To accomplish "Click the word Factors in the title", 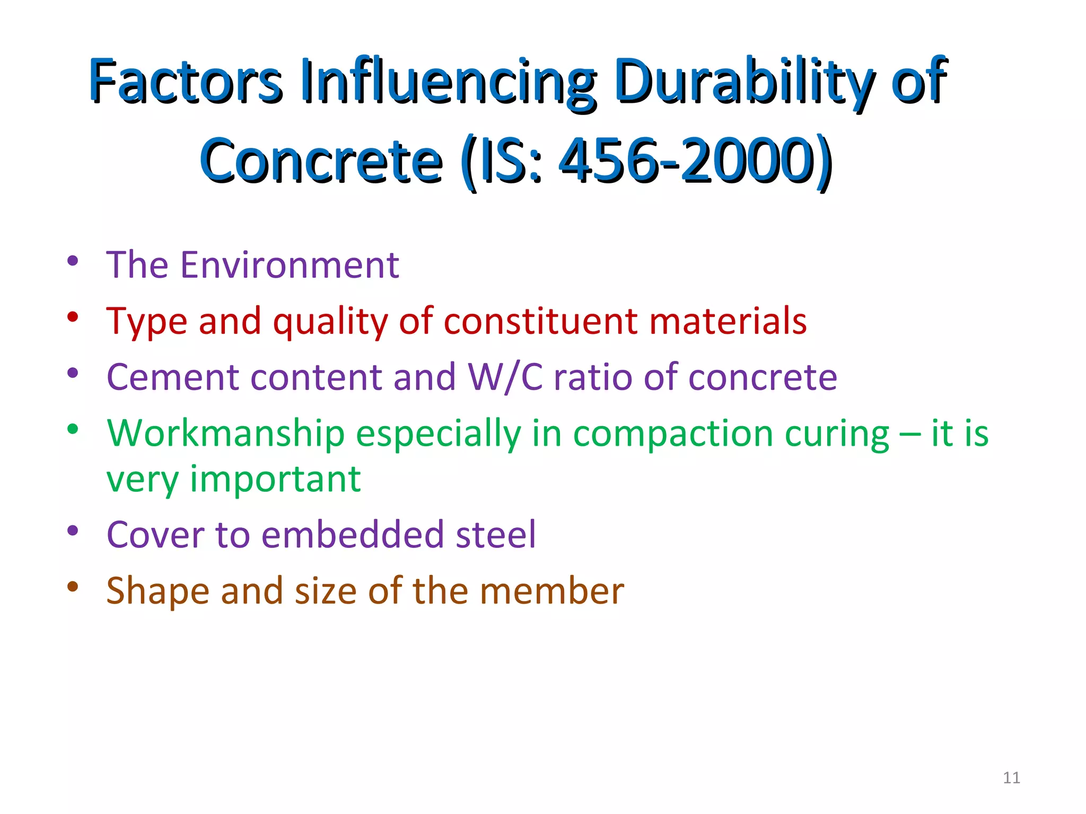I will [185, 81].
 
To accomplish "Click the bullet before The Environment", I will [73, 261].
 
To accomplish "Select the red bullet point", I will [73, 317].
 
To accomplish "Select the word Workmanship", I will [225, 434].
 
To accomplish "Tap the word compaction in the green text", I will [673, 434].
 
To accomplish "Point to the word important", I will [275, 479].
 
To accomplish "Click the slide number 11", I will [1011, 777].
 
